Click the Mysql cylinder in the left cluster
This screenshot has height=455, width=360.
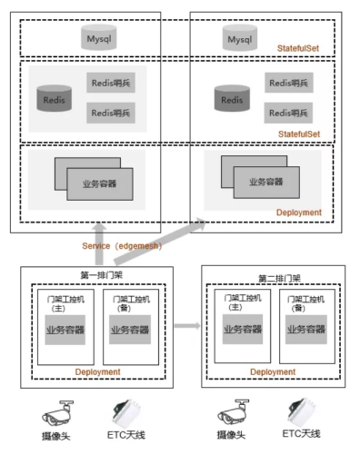(x=99, y=37)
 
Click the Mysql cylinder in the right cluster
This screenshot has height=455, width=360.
(x=240, y=38)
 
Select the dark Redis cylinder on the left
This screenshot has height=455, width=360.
(x=55, y=98)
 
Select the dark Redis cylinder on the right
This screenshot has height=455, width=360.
(x=232, y=98)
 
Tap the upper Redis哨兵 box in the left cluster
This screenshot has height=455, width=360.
(x=111, y=83)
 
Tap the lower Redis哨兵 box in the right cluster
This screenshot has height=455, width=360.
(x=288, y=113)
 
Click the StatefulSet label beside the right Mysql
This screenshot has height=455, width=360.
(x=298, y=48)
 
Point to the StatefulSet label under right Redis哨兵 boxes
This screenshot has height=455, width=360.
(x=299, y=134)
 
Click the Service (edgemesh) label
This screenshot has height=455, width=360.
(x=122, y=246)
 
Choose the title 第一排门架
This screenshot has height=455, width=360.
(x=102, y=275)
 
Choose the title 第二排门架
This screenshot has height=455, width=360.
(x=279, y=278)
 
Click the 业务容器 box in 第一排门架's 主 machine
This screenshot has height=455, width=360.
(x=65, y=330)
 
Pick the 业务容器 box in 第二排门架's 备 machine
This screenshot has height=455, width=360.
(x=306, y=330)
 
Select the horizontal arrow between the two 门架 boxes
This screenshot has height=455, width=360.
(x=187, y=326)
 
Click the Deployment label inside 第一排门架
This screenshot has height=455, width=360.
(x=98, y=371)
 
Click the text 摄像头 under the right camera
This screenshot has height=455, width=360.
(x=231, y=435)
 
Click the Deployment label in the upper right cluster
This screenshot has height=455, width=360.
(x=299, y=213)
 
